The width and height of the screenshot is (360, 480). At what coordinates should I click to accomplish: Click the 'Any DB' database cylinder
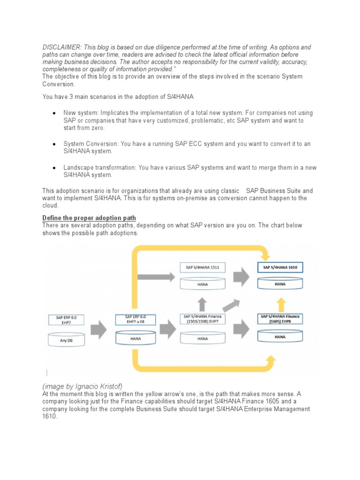[x=66, y=340]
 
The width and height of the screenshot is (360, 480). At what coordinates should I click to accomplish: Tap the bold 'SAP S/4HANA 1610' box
[x=280, y=267]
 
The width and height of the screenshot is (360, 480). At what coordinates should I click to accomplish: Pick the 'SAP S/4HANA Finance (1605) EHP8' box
[x=280, y=319]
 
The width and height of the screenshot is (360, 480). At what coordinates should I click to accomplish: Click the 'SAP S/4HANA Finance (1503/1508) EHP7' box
[x=202, y=319]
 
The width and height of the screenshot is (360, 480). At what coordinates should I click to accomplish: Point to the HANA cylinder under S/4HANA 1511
[x=202, y=284]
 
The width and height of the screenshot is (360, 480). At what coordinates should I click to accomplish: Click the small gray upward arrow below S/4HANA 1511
[x=202, y=304]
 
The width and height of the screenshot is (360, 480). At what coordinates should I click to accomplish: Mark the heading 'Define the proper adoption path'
[x=89, y=218]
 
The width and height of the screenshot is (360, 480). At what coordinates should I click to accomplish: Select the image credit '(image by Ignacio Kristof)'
[x=82, y=386]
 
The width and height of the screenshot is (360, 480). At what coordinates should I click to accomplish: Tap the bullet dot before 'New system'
[x=55, y=113]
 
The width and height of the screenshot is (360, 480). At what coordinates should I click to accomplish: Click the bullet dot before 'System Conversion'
[x=55, y=144]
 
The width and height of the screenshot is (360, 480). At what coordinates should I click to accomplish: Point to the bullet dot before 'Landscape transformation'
[x=55, y=168]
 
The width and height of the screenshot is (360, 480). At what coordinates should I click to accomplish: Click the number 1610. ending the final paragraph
[x=50, y=417]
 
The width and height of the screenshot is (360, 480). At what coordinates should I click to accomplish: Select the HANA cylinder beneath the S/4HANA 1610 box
[x=280, y=284]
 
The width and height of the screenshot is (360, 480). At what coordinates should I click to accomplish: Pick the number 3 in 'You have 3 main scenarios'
[x=73, y=97]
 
